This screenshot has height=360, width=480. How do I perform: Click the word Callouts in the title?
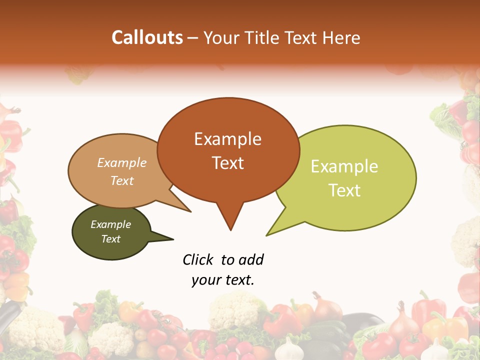click(x=147, y=37)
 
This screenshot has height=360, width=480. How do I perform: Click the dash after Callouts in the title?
click(x=193, y=38)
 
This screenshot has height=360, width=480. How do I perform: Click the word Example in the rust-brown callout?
click(x=227, y=139)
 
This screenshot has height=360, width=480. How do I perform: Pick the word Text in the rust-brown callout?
click(x=227, y=163)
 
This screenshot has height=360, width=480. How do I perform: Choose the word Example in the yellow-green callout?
click(x=344, y=166)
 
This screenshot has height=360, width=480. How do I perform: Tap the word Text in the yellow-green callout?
click(x=344, y=190)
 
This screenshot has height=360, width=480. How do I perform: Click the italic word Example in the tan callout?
click(x=122, y=163)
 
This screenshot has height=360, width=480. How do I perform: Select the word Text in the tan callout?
click(x=122, y=180)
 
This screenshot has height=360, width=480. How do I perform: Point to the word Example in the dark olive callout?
click(x=110, y=224)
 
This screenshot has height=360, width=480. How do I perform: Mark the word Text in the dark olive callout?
click(x=110, y=239)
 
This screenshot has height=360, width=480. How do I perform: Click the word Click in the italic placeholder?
click(x=198, y=260)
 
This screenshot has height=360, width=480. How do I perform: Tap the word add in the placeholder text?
click(x=251, y=260)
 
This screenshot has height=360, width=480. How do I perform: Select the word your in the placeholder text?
click(x=205, y=280)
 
